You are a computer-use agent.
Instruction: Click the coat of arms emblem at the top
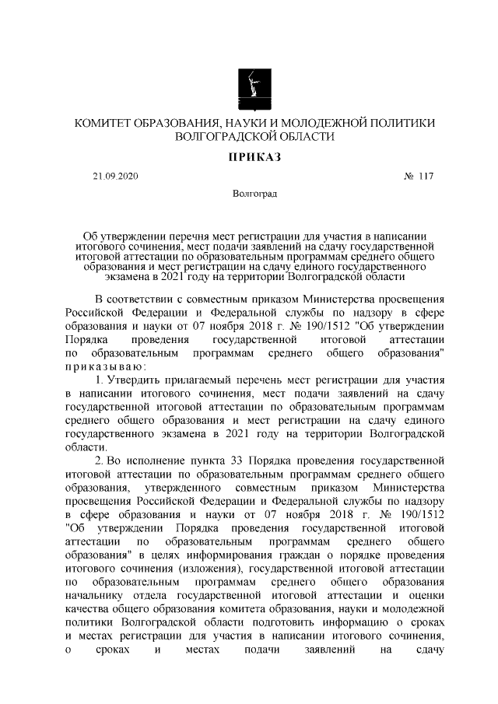(x=249, y=89)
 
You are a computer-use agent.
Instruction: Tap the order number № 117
(x=418, y=177)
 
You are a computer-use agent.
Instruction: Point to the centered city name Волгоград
(x=249, y=193)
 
